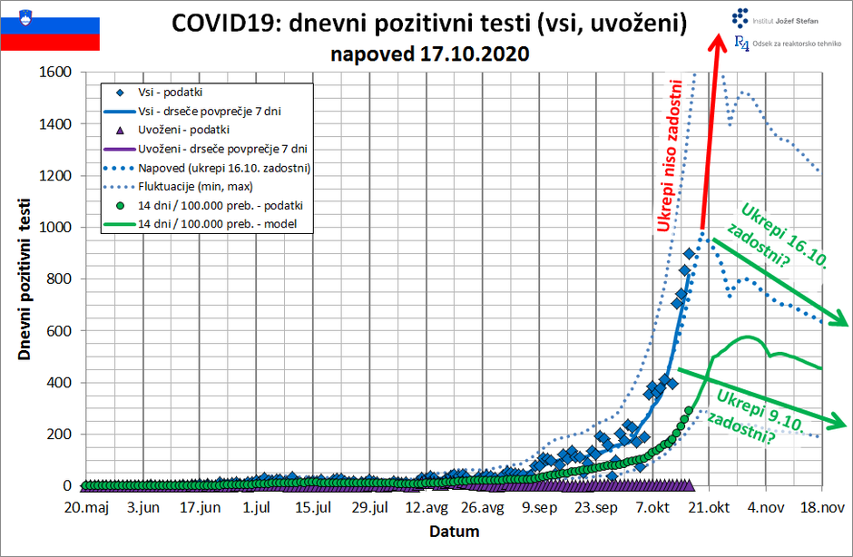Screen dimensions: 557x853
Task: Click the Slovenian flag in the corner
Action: point(50,27)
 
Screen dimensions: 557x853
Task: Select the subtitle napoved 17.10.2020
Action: point(431,54)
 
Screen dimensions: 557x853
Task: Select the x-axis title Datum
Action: point(454,531)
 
